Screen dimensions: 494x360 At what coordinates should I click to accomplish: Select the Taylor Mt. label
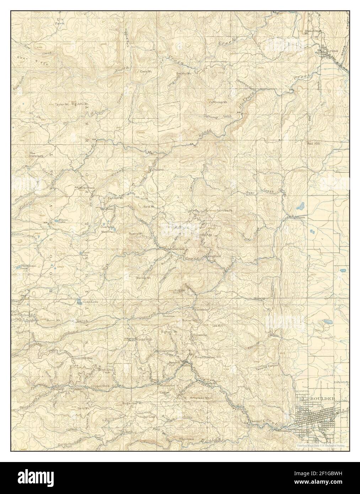62,104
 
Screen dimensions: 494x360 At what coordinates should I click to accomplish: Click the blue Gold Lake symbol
77,303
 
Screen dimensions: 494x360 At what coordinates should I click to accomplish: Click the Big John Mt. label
80,104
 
